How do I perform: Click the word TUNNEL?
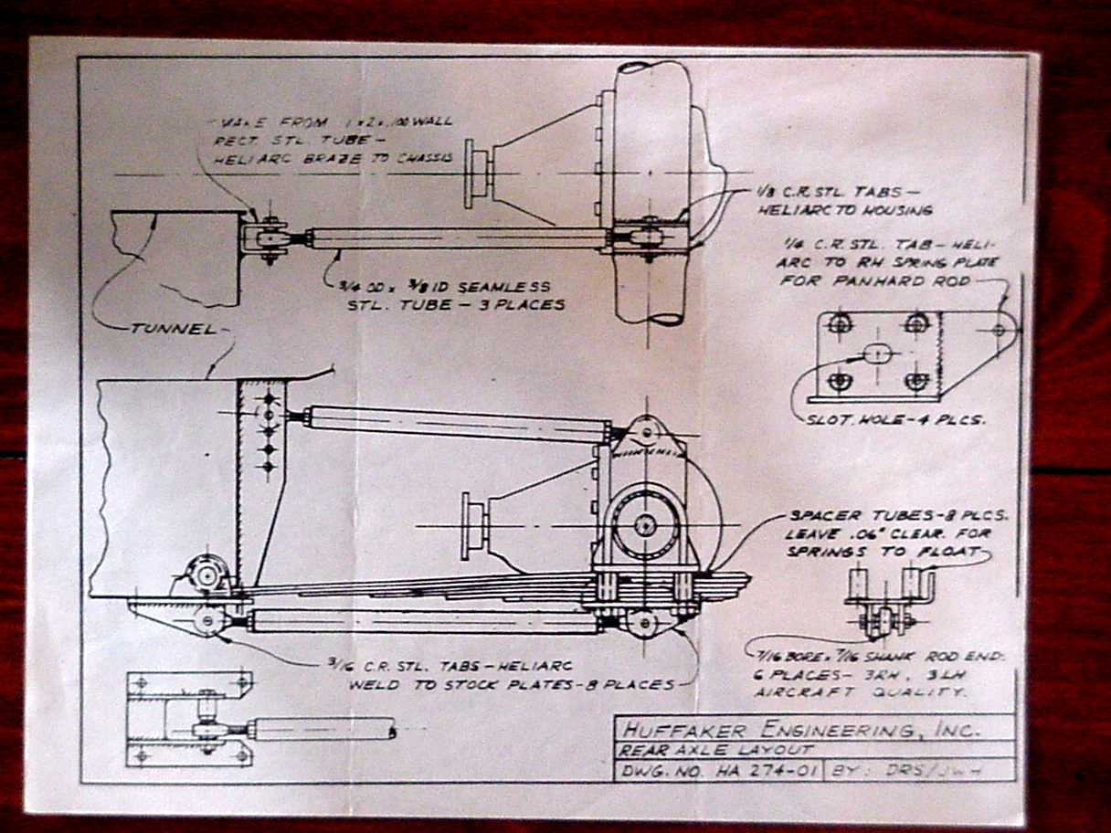(175, 330)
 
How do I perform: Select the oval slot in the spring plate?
(878, 352)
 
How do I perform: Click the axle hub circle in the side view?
(646, 525)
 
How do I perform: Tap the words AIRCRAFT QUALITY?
(860, 692)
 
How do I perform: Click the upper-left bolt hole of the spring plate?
(841, 322)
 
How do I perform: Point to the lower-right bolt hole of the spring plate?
(917, 381)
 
